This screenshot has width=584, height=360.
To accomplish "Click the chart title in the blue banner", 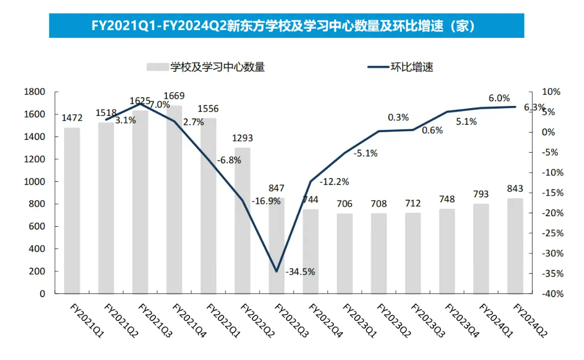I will tap(286, 26).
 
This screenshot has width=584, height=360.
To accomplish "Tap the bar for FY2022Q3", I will tap(276, 245).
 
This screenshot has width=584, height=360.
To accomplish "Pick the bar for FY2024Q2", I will tap(515, 246).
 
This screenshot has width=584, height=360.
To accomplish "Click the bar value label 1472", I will tap(72, 118).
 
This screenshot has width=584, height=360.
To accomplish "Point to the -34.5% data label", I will tap(300, 272).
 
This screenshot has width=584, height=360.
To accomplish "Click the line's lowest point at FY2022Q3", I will tap(276, 271).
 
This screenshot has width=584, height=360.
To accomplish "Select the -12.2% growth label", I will tap(334, 181).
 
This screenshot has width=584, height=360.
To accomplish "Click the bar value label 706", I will tap(344, 203).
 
